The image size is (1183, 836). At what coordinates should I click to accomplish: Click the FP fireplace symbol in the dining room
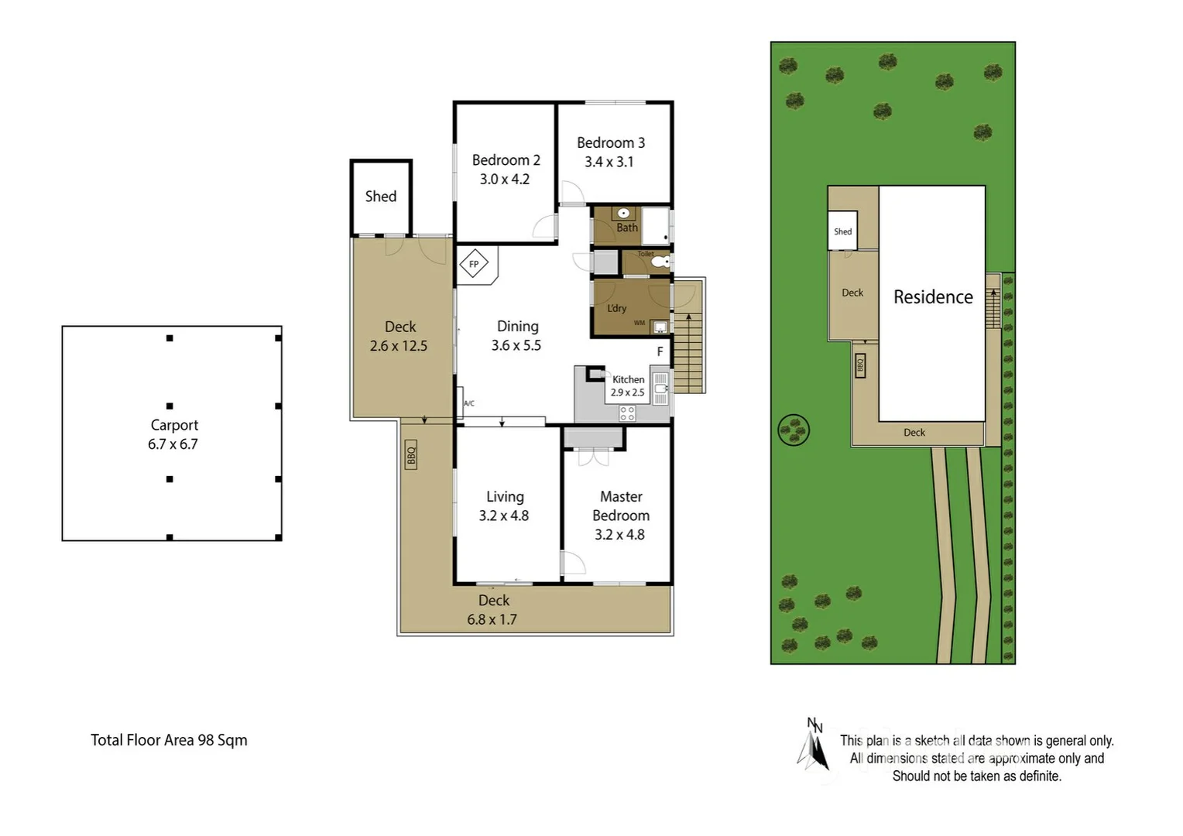point(474,264)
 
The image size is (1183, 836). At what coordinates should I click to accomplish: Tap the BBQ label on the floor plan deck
point(411,454)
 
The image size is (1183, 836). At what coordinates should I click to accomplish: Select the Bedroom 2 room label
point(506,160)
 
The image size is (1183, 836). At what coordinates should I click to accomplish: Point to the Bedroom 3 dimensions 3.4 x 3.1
point(609,162)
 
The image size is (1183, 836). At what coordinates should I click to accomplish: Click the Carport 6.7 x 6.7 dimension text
point(173,444)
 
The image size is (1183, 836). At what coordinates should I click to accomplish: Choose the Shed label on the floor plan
point(380,197)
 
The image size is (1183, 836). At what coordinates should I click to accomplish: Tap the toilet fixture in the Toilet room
point(660,262)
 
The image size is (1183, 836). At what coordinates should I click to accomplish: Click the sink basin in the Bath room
point(623,214)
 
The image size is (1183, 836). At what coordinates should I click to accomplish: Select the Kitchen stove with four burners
point(627,413)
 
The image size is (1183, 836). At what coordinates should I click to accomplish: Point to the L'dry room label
point(617,308)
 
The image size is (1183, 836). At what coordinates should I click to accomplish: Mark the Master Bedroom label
point(621,505)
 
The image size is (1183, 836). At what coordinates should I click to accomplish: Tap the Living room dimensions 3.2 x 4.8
point(504,516)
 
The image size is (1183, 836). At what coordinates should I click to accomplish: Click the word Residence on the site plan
point(933,297)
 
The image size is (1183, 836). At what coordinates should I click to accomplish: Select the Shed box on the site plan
point(842,231)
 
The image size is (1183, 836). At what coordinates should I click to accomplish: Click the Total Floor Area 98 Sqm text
point(169,740)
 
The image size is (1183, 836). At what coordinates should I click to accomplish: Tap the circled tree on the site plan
point(794,430)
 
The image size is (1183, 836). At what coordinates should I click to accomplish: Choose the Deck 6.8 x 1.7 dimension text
point(492,619)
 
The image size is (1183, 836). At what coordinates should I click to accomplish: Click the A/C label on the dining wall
point(469,403)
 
